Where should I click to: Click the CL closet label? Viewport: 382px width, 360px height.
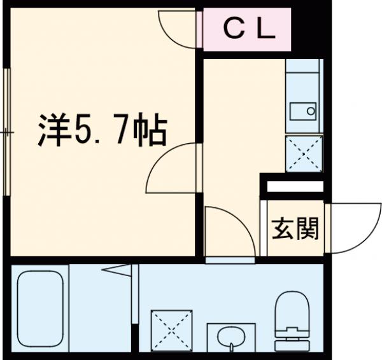pos(248,29)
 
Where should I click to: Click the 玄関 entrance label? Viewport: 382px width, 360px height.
pos(295,228)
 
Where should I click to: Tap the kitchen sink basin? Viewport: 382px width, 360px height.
pos(303,111)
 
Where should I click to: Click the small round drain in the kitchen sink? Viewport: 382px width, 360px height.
pos(311,111)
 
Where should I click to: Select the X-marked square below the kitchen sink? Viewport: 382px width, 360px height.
pos(303,153)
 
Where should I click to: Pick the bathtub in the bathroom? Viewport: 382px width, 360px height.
pos(38,305)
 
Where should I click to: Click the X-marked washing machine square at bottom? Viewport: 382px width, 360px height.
pos(171,329)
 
